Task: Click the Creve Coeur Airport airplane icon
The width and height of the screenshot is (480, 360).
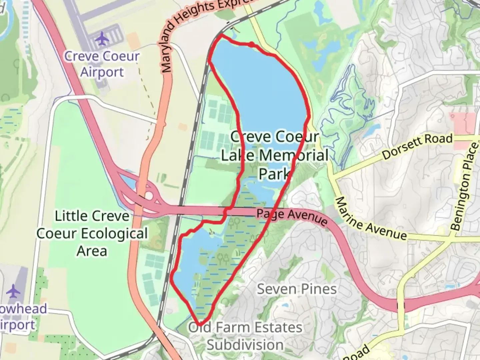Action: pos(102,39)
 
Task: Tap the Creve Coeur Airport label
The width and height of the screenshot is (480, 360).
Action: pos(102,64)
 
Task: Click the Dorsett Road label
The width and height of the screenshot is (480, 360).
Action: pos(417,146)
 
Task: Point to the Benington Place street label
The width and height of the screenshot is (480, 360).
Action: pos(465,187)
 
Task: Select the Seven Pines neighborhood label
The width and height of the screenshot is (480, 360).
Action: pos(297,289)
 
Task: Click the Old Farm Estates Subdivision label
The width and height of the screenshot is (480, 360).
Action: pos(245,336)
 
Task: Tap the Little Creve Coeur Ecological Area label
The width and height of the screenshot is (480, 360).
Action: pos(92,233)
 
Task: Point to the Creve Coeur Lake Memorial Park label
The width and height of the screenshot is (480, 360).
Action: pos(274,155)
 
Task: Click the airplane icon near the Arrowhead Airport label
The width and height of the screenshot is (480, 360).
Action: pos(13,291)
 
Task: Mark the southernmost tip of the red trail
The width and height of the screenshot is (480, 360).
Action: pos(200,324)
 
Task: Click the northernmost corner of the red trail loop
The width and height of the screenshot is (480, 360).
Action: pos(221,34)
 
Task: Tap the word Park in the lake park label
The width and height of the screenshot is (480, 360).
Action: pos(274,173)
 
